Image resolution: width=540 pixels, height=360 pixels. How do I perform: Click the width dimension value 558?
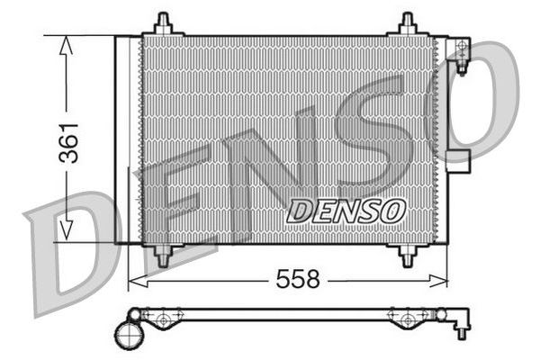tap(297, 280)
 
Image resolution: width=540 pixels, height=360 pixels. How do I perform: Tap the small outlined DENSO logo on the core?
tap(346, 211)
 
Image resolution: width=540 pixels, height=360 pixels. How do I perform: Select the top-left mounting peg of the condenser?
tap(163, 24)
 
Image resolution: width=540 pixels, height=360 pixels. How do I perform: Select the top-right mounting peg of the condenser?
tap(407, 24)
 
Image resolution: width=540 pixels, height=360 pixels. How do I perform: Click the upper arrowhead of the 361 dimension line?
tap(66, 45)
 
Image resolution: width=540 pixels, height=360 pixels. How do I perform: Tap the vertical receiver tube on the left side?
tap(127, 139)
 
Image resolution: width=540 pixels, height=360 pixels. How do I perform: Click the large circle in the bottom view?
tap(129, 335)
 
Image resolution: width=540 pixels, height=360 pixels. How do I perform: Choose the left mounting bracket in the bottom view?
tap(163, 319)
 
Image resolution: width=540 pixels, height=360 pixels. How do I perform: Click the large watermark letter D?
tap(72, 252)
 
